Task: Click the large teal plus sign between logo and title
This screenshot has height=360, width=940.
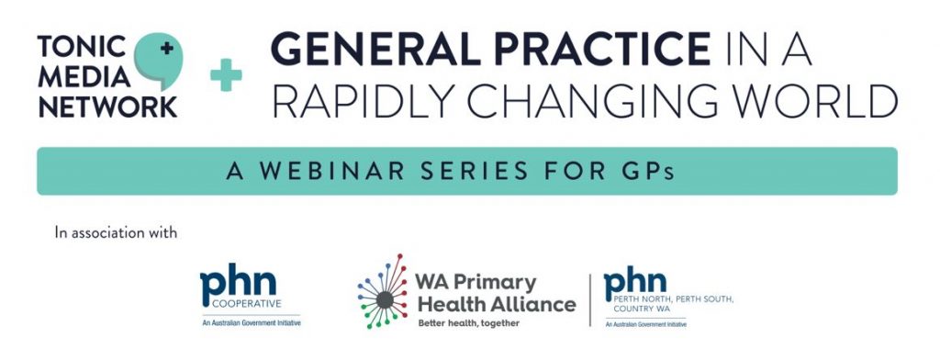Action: [x=226, y=76]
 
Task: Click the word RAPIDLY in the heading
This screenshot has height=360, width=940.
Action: [x=352, y=102]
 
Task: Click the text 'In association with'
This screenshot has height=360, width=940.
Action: [x=116, y=233]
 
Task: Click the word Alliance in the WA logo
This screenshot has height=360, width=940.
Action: [x=536, y=304]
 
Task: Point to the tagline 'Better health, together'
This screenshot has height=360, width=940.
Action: [x=468, y=323]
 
